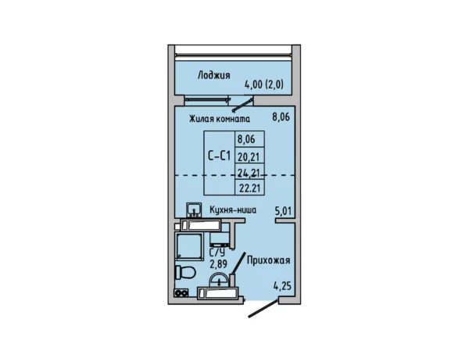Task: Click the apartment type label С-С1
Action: (219, 156)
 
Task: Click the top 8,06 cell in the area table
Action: (245, 141)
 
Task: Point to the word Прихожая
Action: (269, 261)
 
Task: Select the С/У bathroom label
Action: (217, 253)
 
